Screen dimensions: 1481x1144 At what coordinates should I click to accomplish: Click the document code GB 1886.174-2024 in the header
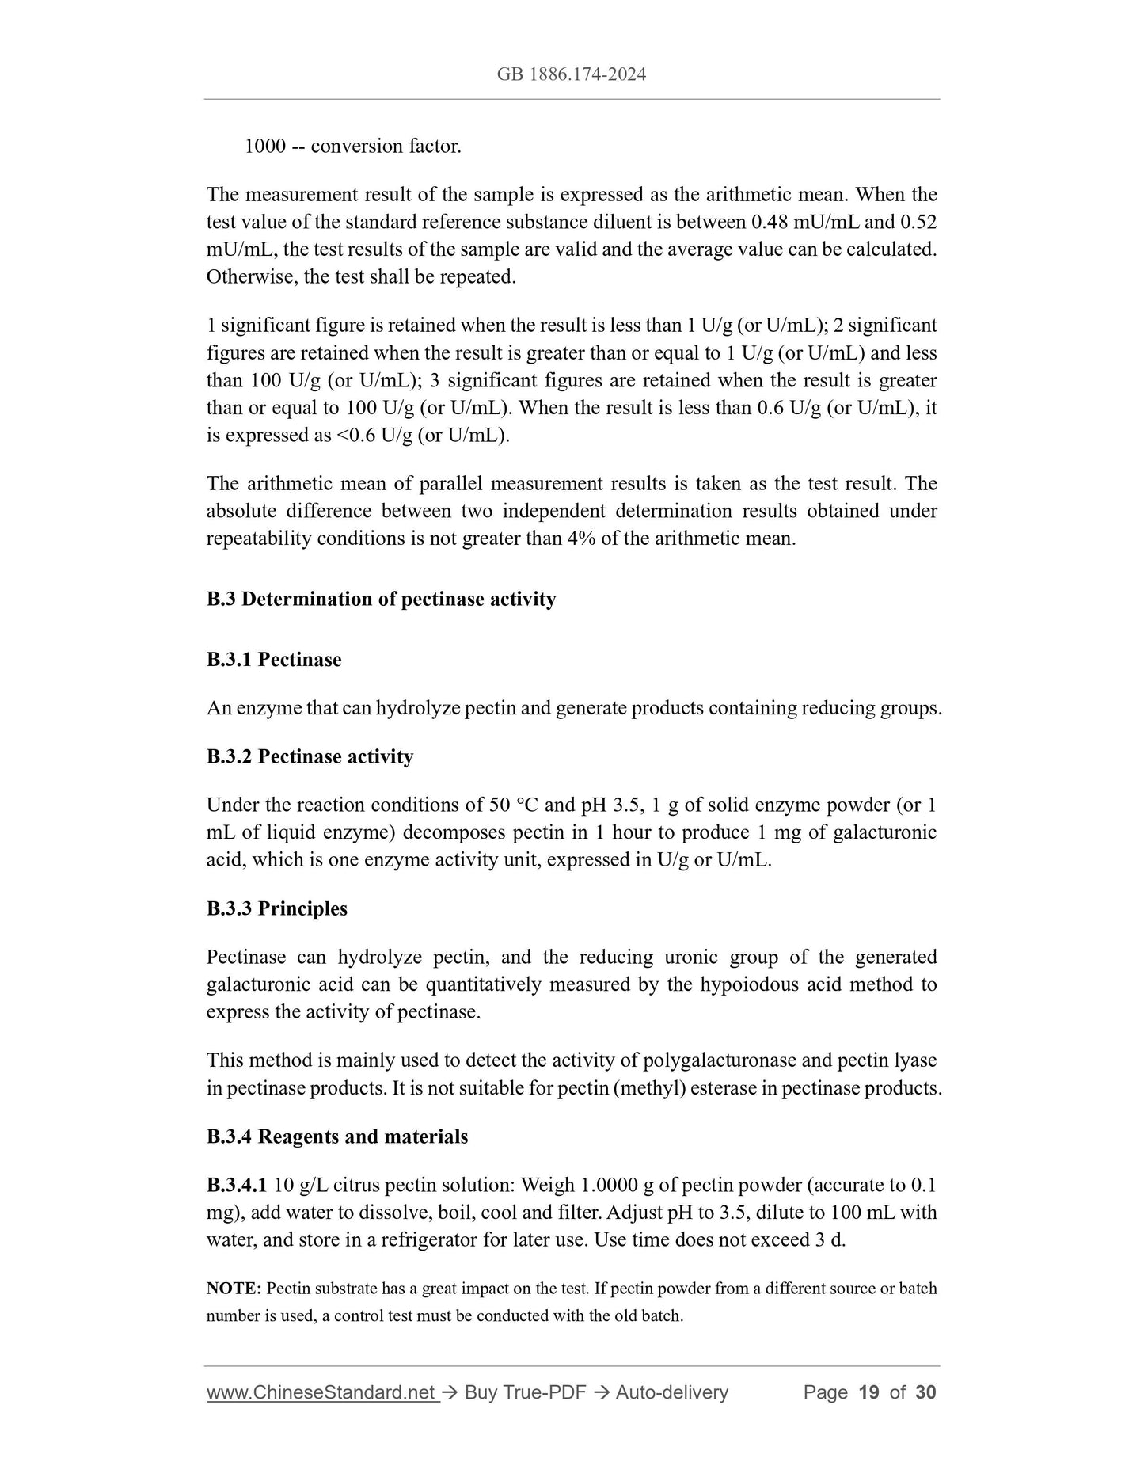click(x=572, y=74)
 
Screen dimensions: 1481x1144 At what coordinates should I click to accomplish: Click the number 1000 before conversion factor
click(x=264, y=147)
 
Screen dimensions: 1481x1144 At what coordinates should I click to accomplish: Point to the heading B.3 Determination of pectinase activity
click(x=381, y=600)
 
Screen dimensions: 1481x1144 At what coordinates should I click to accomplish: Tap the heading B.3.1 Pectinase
click(x=274, y=660)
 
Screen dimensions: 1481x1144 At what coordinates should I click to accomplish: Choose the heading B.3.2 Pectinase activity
click(x=310, y=757)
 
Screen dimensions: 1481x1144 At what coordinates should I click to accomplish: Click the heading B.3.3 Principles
click(x=277, y=908)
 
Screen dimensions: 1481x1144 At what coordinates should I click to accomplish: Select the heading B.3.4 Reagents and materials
click(x=337, y=1136)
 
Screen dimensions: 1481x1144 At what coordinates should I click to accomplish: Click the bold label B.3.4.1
click(x=237, y=1186)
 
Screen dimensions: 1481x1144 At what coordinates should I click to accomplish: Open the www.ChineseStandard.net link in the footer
click(x=321, y=1392)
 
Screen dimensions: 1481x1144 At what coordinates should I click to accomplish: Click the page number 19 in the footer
click(x=868, y=1392)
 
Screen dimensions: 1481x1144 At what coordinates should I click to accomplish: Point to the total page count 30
click(x=925, y=1392)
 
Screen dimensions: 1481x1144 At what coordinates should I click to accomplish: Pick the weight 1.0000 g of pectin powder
click(x=618, y=1186)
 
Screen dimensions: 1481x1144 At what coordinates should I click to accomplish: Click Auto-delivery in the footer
click(x=671, y=1392)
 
